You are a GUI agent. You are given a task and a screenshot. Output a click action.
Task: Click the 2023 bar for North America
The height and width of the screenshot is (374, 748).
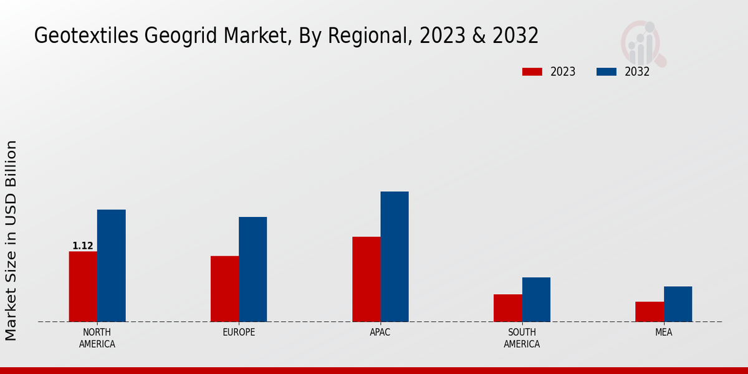83,287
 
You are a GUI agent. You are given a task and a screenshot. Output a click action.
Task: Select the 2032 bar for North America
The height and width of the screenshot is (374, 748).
111,266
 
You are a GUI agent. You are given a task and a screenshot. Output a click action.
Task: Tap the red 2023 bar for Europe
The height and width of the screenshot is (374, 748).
224,289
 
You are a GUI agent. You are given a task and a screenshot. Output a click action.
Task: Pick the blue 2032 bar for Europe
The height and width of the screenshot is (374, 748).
252,269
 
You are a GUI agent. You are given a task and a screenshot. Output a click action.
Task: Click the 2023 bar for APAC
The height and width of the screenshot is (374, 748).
366,279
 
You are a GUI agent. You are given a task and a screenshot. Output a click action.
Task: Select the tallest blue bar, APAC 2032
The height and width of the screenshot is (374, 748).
395,257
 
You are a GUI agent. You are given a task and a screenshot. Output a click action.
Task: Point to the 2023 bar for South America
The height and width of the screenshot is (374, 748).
507,308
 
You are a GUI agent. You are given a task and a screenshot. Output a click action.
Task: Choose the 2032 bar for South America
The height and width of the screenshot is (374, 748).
536,299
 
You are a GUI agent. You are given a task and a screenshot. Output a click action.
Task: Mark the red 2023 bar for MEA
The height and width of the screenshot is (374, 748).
650,312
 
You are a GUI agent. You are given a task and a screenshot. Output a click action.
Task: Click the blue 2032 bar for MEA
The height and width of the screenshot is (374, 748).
678,304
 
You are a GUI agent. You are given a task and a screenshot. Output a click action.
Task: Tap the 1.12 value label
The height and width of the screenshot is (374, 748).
83,246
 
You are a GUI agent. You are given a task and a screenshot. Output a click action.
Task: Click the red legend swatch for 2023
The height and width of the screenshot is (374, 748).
532,72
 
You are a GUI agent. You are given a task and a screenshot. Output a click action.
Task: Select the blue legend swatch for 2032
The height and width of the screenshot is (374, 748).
607,72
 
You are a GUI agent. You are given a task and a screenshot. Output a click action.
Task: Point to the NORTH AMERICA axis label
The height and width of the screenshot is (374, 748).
97,338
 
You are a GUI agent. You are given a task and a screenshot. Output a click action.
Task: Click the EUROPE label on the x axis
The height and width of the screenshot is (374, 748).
239,332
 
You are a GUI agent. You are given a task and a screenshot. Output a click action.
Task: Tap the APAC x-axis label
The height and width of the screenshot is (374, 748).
380,332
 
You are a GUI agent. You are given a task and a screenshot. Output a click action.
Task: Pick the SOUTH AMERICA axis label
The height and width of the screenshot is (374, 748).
522,338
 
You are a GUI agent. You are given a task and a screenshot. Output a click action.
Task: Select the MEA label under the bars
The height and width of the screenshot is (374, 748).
663,332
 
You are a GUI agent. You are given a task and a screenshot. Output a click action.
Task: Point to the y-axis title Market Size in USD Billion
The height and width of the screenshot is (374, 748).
11,241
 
